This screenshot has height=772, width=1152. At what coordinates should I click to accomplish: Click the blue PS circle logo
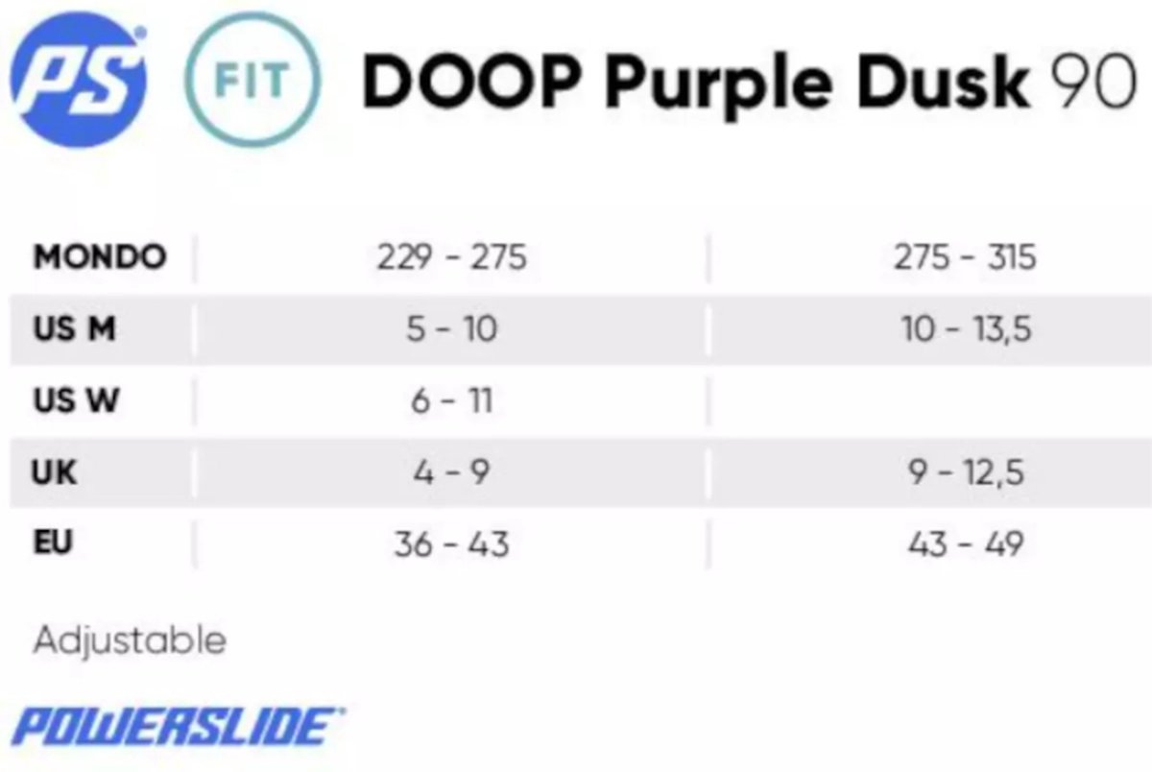point(78,80)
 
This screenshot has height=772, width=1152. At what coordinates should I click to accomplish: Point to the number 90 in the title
point(1093,83)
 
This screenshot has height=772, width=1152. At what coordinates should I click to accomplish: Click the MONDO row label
point(100,256)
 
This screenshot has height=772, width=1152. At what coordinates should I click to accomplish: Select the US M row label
point(74,328)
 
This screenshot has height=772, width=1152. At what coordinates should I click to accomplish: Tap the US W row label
point(76,400)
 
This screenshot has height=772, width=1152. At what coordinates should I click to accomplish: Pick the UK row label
point(54,472)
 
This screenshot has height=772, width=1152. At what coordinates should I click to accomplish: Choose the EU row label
point(53,543)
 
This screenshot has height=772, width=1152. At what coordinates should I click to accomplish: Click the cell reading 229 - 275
point(451,256)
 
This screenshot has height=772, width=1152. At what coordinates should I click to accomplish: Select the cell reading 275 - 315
point(965,256)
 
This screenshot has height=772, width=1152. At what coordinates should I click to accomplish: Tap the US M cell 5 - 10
point(451,328)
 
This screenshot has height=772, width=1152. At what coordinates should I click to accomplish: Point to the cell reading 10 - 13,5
point(966,329)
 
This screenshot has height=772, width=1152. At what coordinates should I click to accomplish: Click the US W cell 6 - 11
point(451,400)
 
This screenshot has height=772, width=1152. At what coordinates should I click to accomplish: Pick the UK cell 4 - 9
point(451,472)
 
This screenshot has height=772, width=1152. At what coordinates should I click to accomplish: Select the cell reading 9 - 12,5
point(966,473)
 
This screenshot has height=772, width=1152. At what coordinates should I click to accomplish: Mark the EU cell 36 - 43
point(451,544)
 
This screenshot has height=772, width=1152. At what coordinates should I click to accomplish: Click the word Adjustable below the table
point(130,640)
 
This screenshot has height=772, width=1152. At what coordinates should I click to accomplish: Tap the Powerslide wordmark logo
point(178,726)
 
